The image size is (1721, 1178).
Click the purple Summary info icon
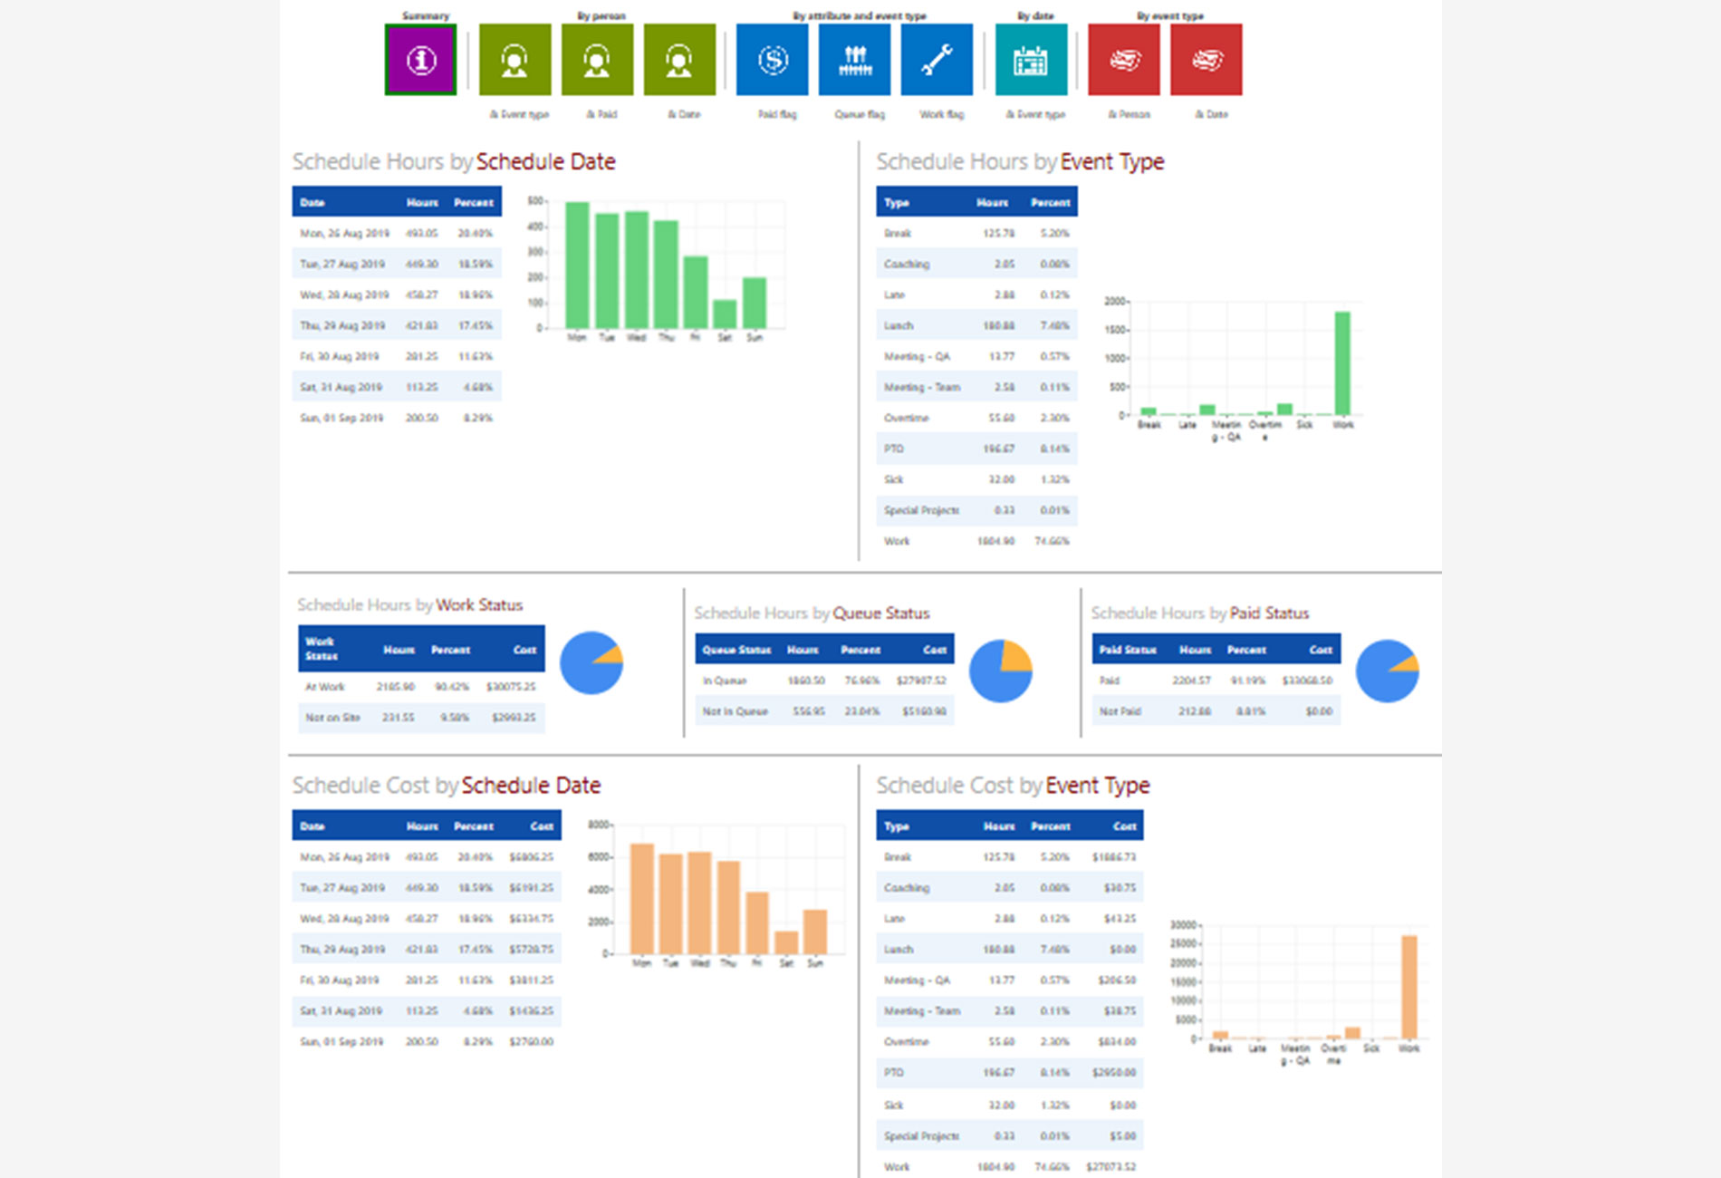coord(420,60)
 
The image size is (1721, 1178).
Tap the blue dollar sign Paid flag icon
coord(772,60)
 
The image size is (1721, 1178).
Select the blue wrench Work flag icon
coord(937,60)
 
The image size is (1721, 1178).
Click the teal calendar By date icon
coord(1031,60)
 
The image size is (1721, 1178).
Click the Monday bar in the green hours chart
coord(577,265)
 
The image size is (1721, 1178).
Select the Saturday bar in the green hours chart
coord(725,314)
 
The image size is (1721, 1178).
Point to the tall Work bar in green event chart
coord(1342,363)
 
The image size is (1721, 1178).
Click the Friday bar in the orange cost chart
coord(757,922)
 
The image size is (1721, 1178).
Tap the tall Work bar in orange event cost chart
coord(1409,987)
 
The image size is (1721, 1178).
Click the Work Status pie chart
coord(591,663)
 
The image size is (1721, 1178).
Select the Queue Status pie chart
coord(1000,671)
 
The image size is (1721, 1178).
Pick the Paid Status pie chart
coord(1387,671)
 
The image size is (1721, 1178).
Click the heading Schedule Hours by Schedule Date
coord(454,162)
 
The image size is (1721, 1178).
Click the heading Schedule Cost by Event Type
coord(1013,786)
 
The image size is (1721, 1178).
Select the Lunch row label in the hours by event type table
coord(899,325)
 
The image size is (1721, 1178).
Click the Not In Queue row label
coord(735,711)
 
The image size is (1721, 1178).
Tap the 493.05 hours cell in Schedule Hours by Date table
coord(421,233)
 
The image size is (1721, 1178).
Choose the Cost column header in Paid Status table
coord(1320,650)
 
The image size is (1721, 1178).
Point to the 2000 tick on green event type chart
coord(1114,301)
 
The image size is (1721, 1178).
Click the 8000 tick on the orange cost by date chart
coord(599,825)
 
